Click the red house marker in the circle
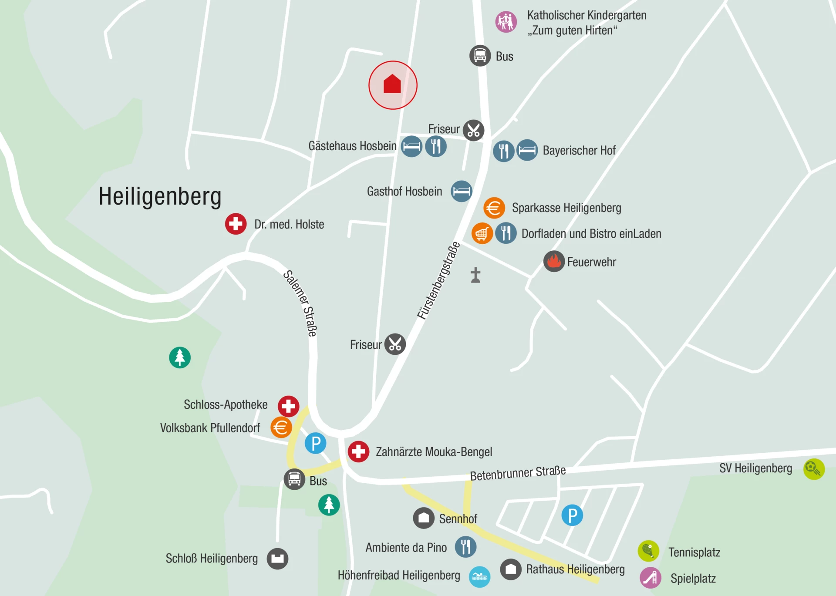point(392,84)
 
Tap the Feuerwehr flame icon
point(554,261)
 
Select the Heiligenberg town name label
point(160,196)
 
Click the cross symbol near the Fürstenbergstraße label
point(475,275)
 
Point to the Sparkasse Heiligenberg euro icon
point(494,208)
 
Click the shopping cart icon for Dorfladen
point(482,233)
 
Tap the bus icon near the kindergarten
point(480,56)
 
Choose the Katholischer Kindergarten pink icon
point(506,21)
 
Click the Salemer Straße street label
point(300,303)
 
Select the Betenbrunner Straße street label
point(518,473)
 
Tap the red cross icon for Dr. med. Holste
point(236,224)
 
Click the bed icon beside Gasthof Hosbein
point(461,191)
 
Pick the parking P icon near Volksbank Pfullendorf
point(316,443)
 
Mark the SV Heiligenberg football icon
point(813,469)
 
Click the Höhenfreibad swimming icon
point(479,577)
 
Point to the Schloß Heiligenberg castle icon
point(277,559)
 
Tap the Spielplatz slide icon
point(650,578)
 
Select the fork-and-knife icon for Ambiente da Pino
point(465,547)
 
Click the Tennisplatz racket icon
point(648,551)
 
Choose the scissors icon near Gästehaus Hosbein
point(473,130)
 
